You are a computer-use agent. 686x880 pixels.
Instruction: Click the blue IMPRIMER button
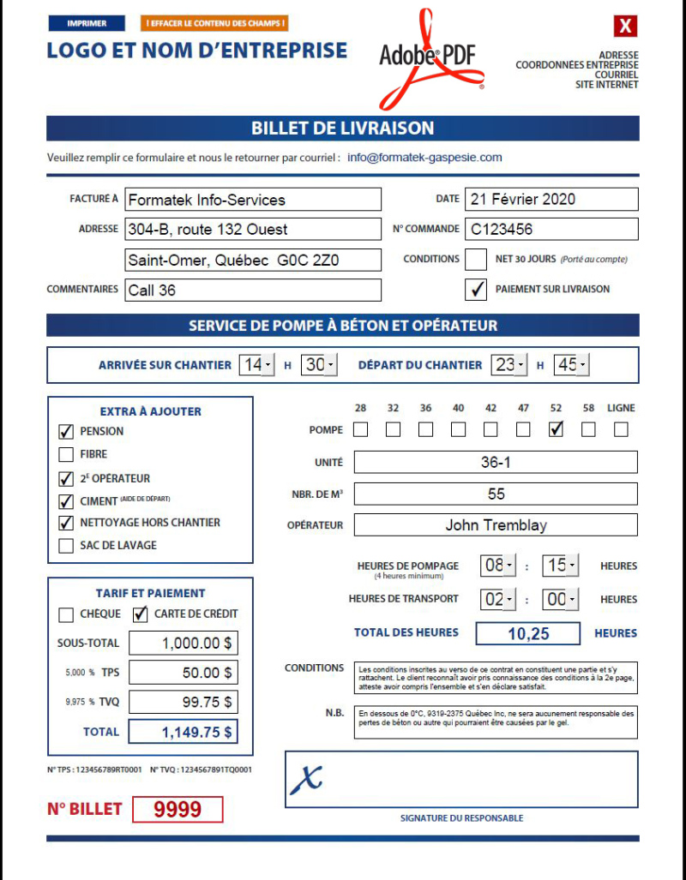point(87,24)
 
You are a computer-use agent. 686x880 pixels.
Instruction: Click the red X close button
point(626,27)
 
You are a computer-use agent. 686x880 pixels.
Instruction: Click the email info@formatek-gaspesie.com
point(424,158)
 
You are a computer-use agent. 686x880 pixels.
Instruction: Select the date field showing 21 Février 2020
point(551,199)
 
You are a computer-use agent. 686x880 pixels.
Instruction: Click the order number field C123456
point(551,229)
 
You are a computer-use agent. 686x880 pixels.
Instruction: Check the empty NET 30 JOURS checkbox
point(475,259)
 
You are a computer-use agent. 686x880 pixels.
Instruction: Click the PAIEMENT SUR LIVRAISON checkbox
point(475,290)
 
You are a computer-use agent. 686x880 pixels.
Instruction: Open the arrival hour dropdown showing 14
point(257,365)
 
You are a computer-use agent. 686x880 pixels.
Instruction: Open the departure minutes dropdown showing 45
point(571,365)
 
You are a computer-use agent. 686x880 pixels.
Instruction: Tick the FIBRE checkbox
point(66,454)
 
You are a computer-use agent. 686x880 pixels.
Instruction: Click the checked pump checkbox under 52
point(556,429)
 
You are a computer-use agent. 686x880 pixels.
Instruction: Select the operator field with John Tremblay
point(496,525)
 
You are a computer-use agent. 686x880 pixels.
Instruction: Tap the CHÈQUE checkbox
point(66,614)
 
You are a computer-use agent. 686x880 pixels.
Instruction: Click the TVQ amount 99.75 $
point(183,702)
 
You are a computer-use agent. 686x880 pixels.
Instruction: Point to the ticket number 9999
point(178,810)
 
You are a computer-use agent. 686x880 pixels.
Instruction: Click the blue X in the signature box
point(306,778)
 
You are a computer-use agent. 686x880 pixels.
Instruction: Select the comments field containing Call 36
point(253,290)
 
